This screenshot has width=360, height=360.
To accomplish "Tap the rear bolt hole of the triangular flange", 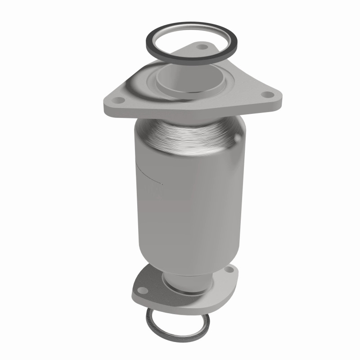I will pos(201,47).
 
